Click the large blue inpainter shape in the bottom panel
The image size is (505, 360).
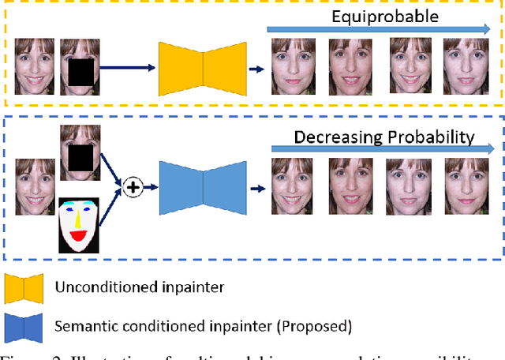[x=203, y=188]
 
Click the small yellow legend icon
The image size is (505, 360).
[x=24, y=288]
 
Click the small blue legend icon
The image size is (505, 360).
[x=24, y=325]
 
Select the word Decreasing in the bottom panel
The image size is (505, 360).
[x=336, y=137]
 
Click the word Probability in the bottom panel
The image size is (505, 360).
[x=429, y=137]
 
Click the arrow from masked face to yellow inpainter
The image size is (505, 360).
[x=126, y=69]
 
